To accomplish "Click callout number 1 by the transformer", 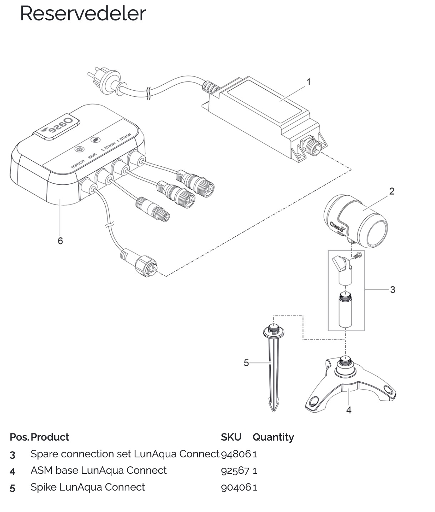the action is pos(309,82).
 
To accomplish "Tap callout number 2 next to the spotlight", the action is pos(392,191).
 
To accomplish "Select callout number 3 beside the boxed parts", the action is pos(392,290).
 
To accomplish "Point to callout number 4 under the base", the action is pos(349,410).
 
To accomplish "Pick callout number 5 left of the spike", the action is pos(246,363).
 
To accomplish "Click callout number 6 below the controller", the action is pos(60,241).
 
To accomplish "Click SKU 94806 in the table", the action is pos(236,454).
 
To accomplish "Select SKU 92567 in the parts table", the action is pos(235,470).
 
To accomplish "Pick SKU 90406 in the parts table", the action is pos(236,487).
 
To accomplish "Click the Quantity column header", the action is pos(273,437).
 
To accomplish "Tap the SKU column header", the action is pos(231,437).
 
